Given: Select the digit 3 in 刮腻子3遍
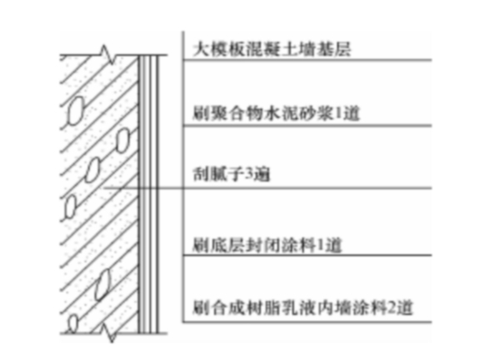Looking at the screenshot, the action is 249,174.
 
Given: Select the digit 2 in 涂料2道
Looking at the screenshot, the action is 392,307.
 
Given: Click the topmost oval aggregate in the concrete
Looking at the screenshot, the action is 75,111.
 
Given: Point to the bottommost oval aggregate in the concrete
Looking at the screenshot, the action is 72,323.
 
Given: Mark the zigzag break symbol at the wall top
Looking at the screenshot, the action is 107,54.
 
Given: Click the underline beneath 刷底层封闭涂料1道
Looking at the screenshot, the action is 307,255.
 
